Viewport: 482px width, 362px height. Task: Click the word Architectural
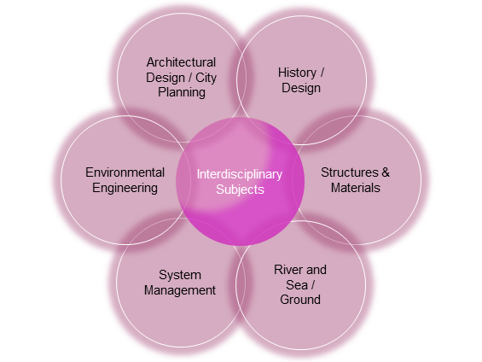181,62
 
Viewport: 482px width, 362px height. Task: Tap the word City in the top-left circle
206,78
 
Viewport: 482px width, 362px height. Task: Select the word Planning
182,92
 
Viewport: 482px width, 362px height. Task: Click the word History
297,73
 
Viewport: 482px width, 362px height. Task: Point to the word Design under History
301,88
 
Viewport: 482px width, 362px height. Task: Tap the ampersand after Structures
386,172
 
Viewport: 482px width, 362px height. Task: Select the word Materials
356,188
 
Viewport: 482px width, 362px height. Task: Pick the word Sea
297,285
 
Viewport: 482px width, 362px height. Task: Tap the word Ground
300,300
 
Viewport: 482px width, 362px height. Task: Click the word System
180,275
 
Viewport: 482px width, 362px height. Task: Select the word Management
180,290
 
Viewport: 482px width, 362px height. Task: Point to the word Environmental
125,172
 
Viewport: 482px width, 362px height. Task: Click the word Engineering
125,188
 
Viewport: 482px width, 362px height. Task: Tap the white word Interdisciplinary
240,174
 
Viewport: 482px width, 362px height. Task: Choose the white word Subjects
240,190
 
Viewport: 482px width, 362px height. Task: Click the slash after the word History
322,73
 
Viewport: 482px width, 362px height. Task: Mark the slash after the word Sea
313,285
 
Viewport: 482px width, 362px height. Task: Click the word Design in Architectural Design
166,78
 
